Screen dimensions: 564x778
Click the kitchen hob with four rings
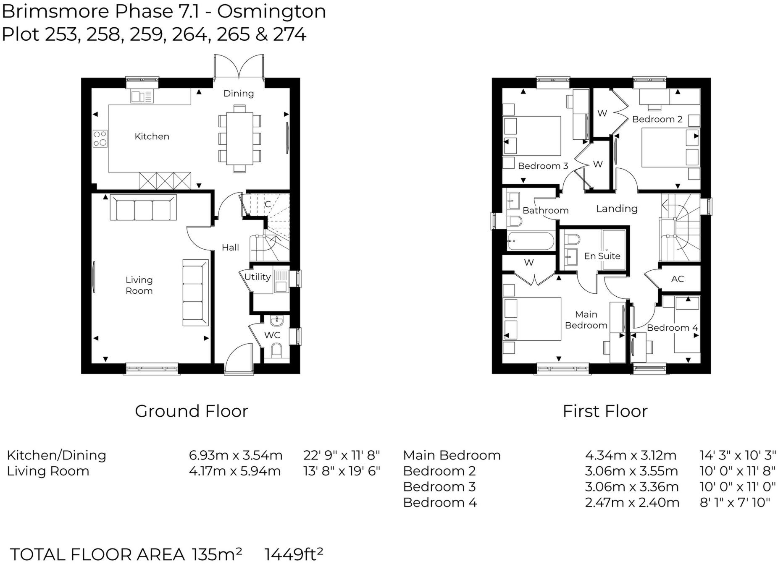[x=100, y=138]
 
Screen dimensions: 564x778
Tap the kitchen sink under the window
[x=142, y=97]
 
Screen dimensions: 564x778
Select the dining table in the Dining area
[x=239, y=139]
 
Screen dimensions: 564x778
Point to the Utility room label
[x=257, y=277]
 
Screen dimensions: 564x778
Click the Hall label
[x=230, y=248]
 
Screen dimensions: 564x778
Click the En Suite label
[x=602, y=256]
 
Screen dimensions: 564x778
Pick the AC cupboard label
[x=677, y=279]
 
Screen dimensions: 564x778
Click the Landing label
[x=617, y=209]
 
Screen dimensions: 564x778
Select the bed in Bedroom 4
[x=687, y=325]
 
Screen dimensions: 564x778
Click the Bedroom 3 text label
[x=543, y=166]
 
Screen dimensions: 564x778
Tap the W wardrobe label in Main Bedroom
[x=528, y=263]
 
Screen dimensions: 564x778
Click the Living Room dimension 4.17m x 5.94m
[x=234, y=471]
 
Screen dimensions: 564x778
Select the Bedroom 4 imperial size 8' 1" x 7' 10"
[x=735, y=502]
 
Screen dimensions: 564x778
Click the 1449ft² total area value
[x=294, y=554]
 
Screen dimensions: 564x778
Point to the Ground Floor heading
[x=191, y=411]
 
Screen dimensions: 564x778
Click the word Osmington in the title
[x=271, y=11]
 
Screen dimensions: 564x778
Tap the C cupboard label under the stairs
[x=267, y=204]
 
